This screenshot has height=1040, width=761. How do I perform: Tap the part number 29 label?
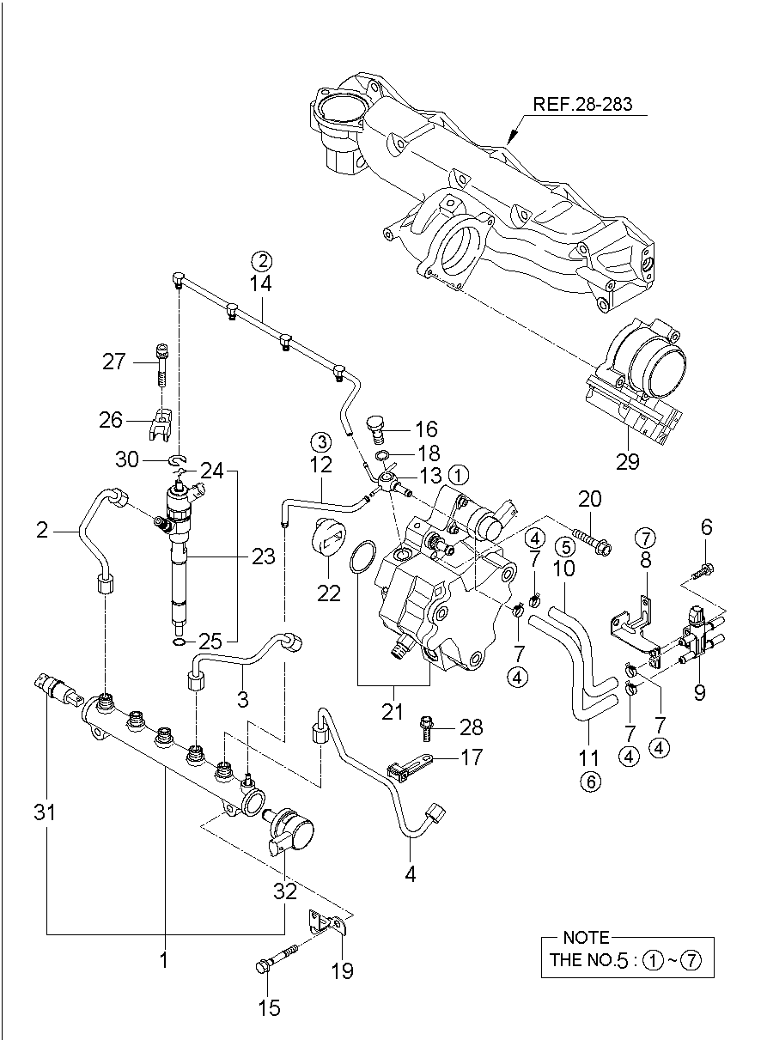click(x=628, y=461)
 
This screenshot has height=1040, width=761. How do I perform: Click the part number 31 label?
click(x=45, y=811)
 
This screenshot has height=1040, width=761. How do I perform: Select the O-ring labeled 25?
click(x=178, y=641)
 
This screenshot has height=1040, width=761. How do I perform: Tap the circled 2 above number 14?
click(x=261, y=258)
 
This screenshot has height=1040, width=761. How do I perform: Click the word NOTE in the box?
click(x=585, y=938)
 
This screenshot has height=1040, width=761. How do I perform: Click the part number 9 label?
click(x=700, y=692)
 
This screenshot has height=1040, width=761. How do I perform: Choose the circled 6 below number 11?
click(x=589, y=781)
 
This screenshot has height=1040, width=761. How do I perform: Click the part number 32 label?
click(x=285, y=891)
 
